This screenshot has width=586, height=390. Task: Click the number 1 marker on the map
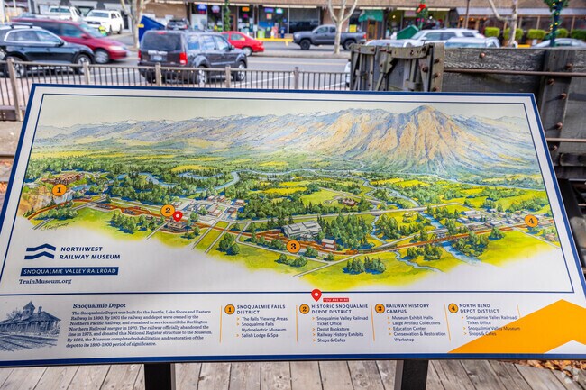pos(59,190)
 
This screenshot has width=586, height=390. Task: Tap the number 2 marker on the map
pos(167,211)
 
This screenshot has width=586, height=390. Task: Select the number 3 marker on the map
pos(293,246)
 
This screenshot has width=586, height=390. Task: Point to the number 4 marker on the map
pos(531,221)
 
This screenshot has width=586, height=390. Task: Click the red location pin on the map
pos(178,216)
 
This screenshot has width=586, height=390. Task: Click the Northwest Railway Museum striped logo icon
pos(40,251)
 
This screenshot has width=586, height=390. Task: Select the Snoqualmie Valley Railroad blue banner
pos(69,270)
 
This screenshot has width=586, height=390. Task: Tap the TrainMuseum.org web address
pos(45,281)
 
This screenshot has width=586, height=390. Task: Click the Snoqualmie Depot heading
pos(99,306)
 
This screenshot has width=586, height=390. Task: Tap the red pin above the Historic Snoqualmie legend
pos(316,294)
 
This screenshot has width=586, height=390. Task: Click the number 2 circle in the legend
pos(304,309)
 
